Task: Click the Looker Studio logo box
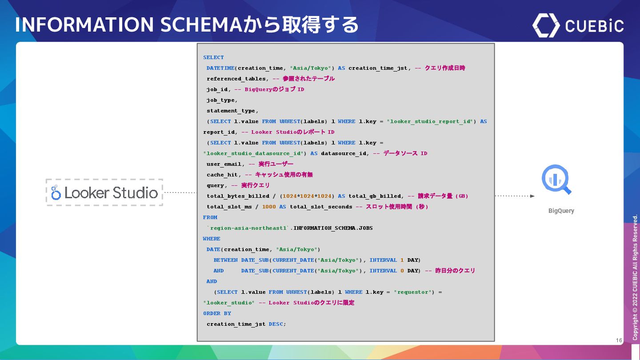[104, 192]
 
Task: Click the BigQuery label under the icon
[561, 211]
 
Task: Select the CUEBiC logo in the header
[578, 25]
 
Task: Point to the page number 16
[619, 340]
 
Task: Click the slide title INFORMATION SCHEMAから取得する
[187, 24]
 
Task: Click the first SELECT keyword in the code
[213, 57]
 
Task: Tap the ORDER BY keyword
[217, 313]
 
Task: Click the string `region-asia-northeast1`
[248, 228]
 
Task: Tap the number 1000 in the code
[269, 207]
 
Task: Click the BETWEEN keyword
[225, 260]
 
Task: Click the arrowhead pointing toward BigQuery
[532, 196]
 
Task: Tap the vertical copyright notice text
[635, 278]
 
